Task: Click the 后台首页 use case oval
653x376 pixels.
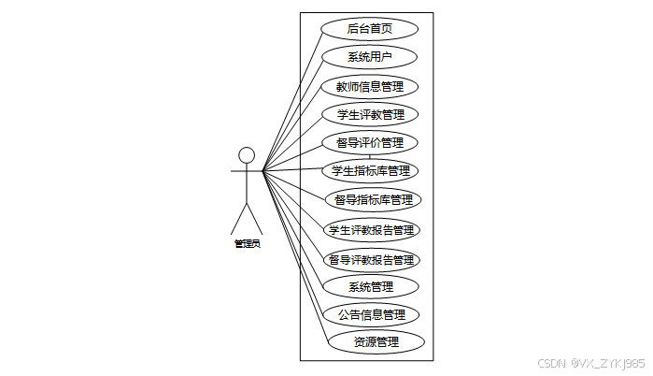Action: click(x=369, y=28)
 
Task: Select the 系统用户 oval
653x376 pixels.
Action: click(x=369, y=57)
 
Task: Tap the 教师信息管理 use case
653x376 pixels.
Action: click(x=369, y=87)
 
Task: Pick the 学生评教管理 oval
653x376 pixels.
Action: click(x=370, y=115)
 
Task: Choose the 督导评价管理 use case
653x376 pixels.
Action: click(x=370, y=143)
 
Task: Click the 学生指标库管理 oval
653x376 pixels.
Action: click(x=370, y=171)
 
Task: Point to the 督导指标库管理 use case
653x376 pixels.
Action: click(x=373, y=199)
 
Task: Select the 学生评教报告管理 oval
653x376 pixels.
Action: click(x=371, y=229)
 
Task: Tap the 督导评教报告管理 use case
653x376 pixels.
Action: click(x=371, y=259)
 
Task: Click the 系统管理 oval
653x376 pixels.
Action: click(x=370, y=286)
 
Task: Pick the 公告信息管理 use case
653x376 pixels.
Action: click(x=371, y=314)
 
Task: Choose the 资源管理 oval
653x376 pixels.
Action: click(x=376, y=341)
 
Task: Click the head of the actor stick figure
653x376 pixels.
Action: click(x=247, y=154)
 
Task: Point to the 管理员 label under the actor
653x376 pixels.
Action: click(x=247, y=244)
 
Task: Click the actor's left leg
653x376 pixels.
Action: click(x=238, y=219)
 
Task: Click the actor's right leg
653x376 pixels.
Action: click(x=255, y=219)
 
